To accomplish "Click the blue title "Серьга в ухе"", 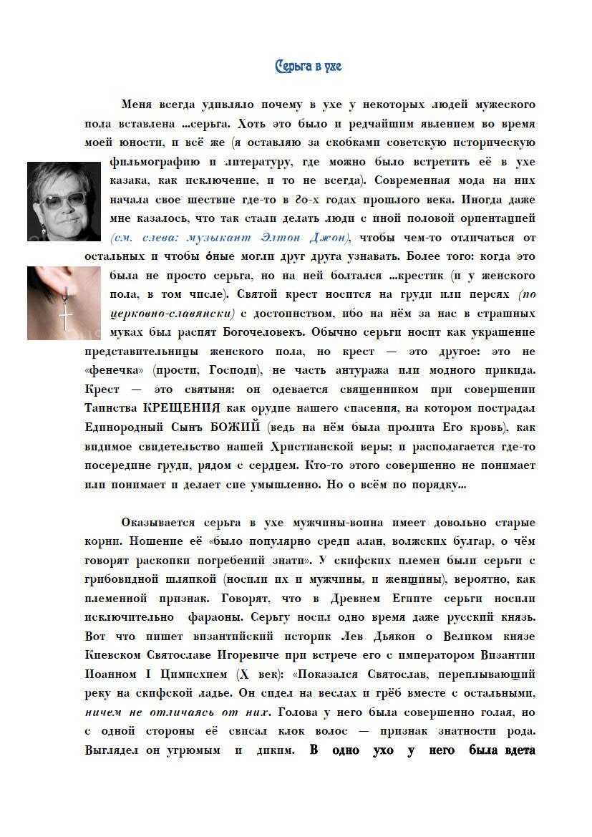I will (x=309, y=67).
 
